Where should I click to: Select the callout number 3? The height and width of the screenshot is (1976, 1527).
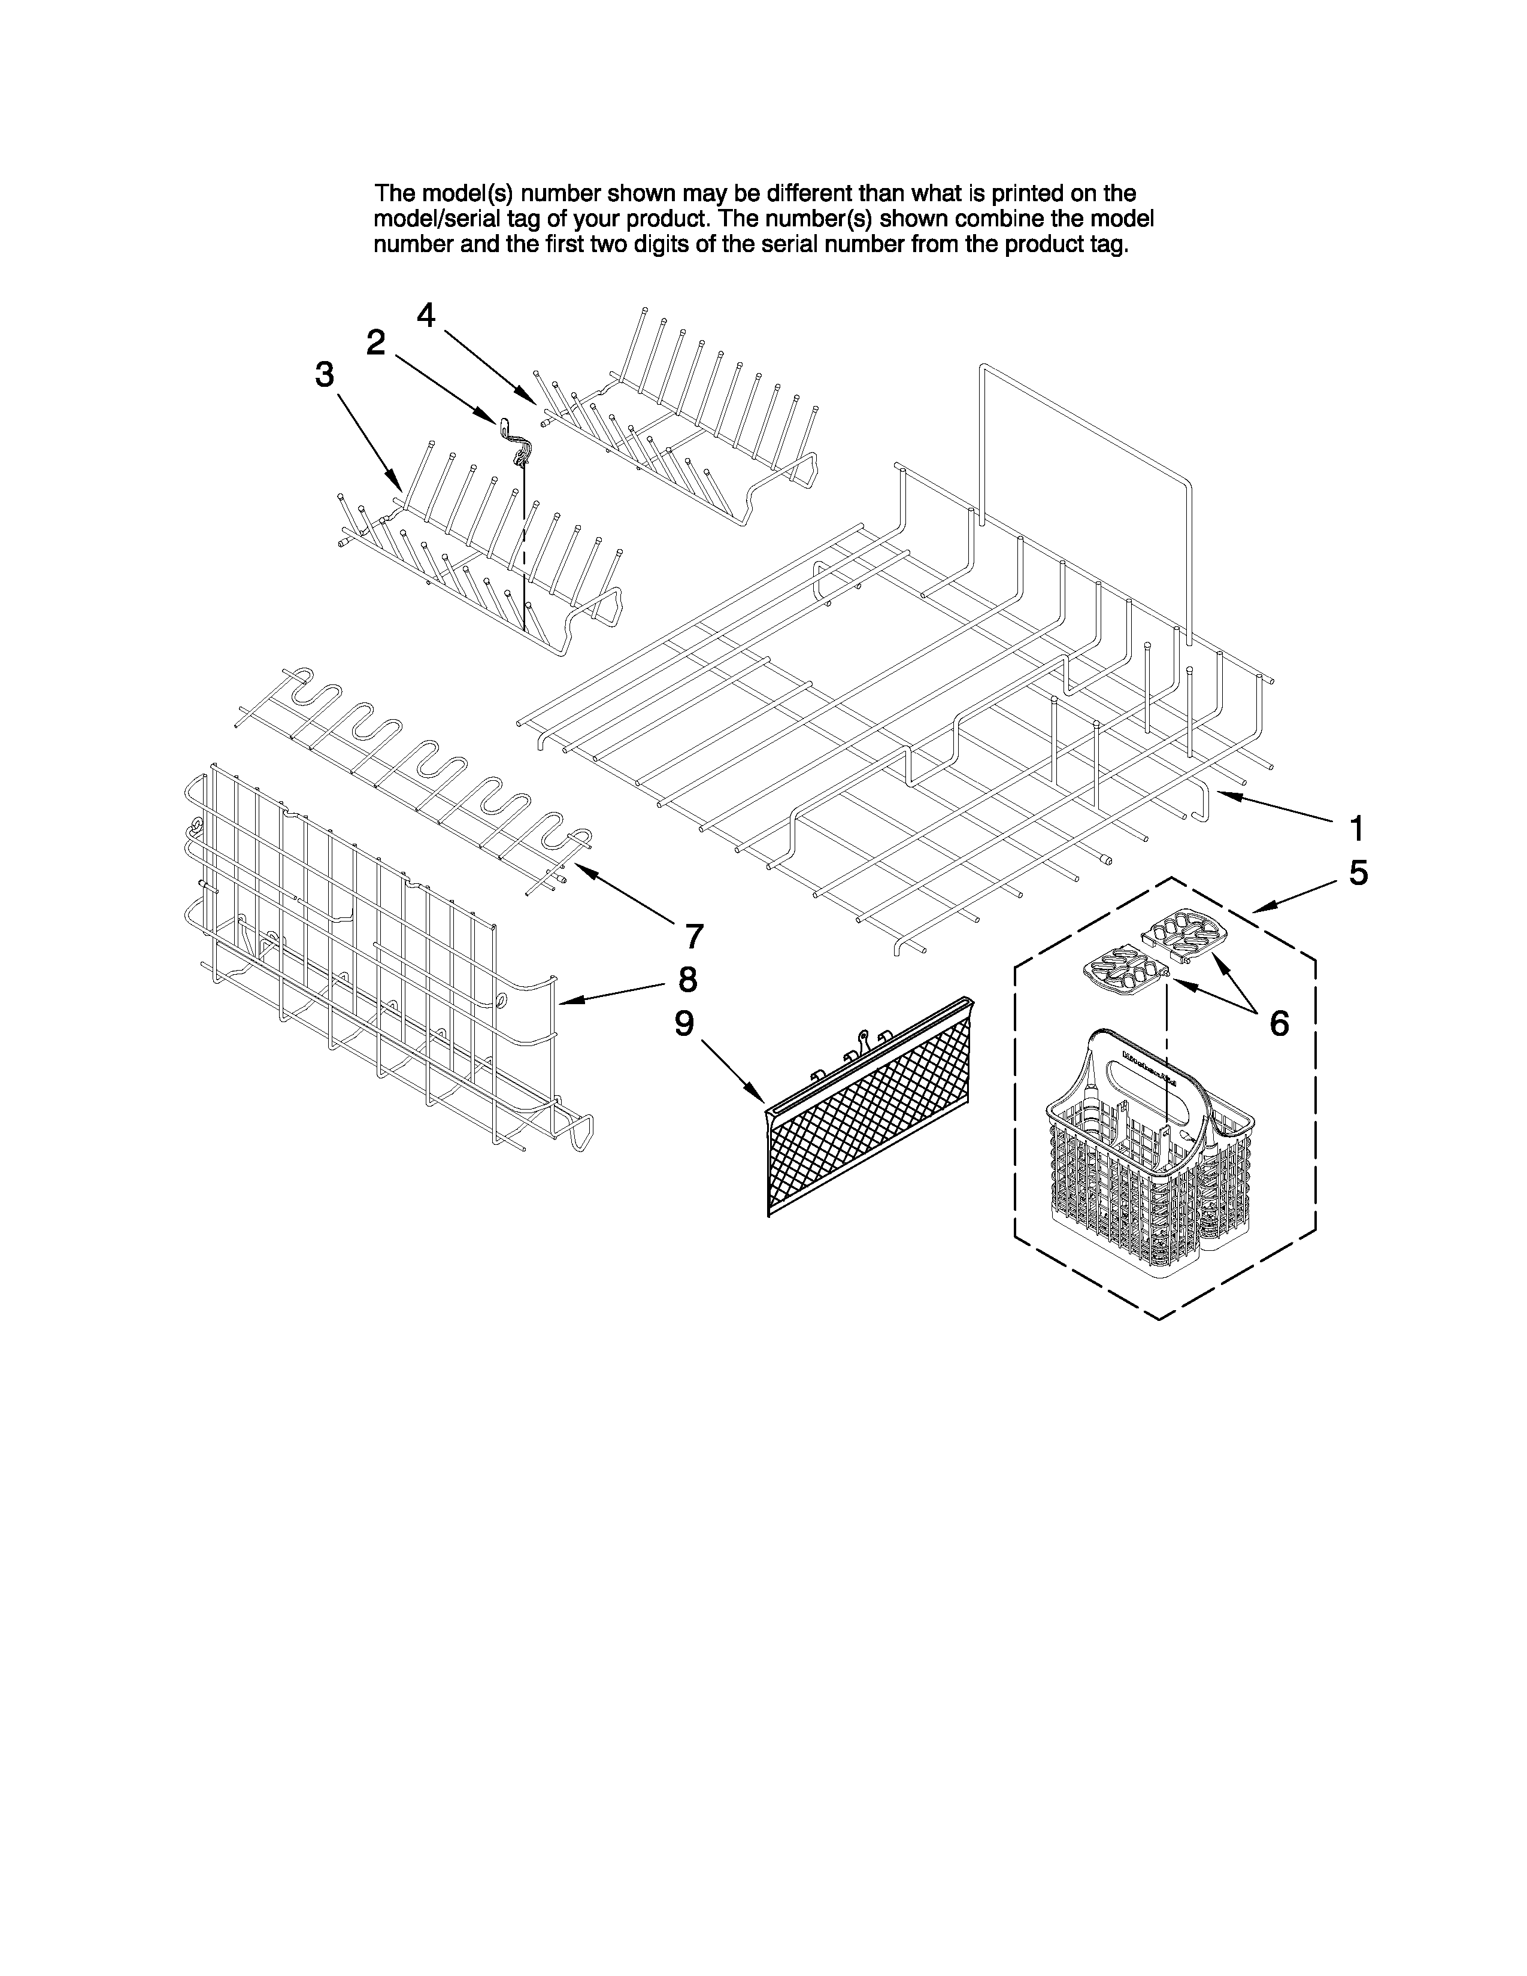click(x=325, y=375)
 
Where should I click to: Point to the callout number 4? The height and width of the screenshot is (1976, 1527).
click(x=426, y=315)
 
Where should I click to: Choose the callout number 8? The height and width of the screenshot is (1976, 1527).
click(x=687, y=979)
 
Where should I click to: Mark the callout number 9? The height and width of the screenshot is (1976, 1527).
click(x=685, y=1023)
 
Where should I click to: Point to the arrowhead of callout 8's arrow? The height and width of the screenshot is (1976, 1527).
click(x=563, y=1001)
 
